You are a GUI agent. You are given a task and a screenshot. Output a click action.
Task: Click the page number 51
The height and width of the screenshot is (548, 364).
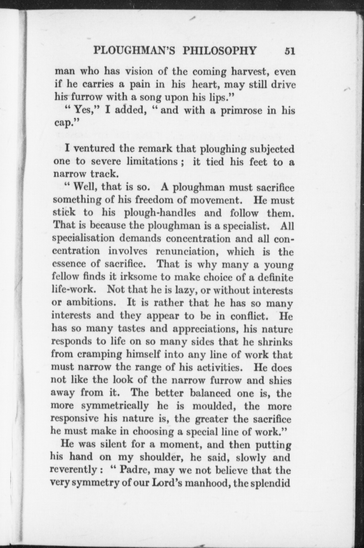[x=290, y=51]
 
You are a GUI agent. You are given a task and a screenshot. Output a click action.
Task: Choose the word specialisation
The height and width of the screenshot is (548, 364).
[x=83, y=238]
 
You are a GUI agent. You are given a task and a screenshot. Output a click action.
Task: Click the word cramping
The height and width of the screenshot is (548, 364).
[x=100, y=355]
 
